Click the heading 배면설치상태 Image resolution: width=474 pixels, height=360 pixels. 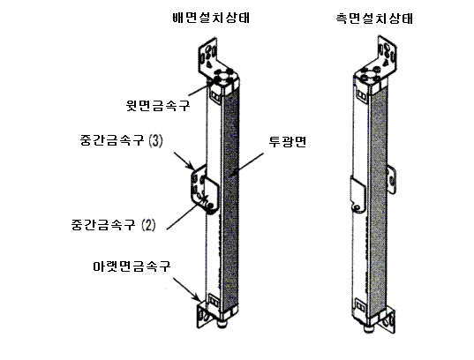coord(211,18)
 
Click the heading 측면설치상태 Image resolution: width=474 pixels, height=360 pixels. coord(374,19)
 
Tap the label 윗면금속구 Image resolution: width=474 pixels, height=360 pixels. coord(158,105)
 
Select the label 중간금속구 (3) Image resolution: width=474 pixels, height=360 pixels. coord(122,140)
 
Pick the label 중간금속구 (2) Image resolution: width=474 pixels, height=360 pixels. coord(113,225)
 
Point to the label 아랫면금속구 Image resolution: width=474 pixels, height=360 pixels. coord(132,266)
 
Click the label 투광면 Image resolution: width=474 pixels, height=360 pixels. coord(288,141)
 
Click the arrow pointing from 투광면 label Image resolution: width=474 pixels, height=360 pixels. coord(246,164)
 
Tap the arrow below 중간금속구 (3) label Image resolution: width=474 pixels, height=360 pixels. coord(184,161)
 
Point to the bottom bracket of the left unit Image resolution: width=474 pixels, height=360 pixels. coord(201,314)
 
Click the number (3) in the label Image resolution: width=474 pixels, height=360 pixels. coord(155,140)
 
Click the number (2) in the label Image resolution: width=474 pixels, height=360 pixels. coord(148,225)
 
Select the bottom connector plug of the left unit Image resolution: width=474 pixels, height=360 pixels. coord(222,324)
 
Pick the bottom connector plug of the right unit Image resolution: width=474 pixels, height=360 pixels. coord(368,329)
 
